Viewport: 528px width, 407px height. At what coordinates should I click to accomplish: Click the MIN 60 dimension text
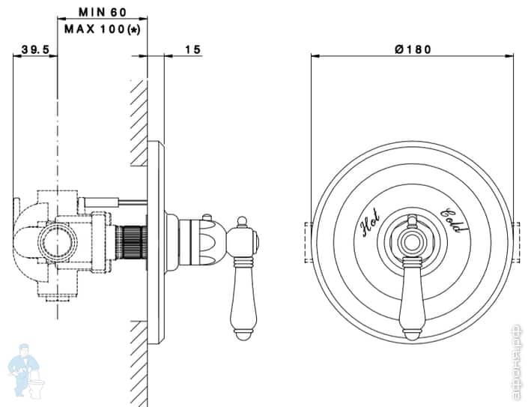coord(103,12)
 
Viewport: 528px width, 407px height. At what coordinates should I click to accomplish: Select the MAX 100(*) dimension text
coord(103,29)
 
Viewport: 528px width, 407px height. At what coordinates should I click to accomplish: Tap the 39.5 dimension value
coord(35,49)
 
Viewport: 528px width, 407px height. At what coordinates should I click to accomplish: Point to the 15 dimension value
coord(192,49)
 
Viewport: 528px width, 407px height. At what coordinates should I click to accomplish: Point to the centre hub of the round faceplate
coord(411,242)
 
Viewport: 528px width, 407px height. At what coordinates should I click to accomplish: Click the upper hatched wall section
coord(138,123)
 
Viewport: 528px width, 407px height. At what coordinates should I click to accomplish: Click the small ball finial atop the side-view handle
coord(243,222)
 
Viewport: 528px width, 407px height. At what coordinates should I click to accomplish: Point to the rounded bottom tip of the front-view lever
coord(411,334)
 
